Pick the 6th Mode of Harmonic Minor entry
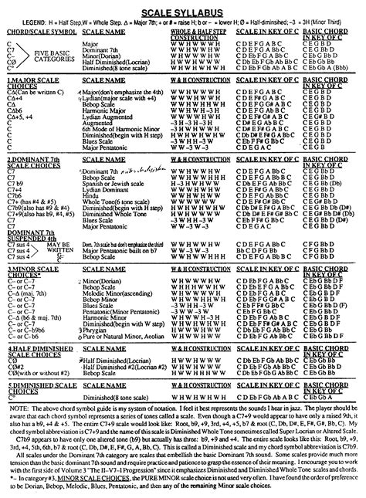[x=120, y=119]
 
